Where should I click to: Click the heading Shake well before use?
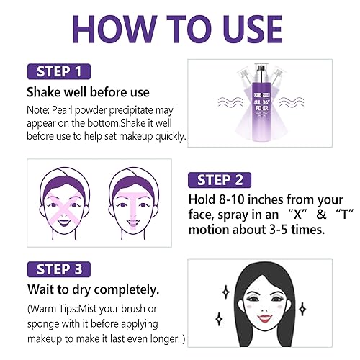(87, 92)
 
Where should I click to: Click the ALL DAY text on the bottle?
(256, 104)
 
